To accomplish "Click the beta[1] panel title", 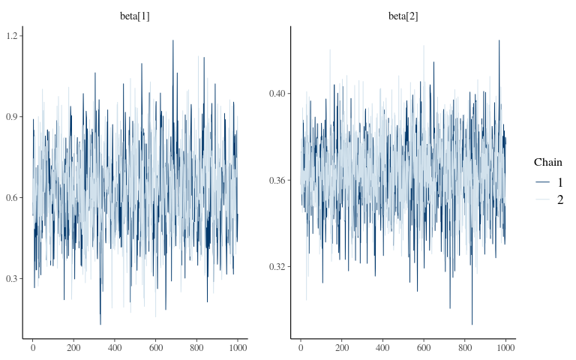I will point(135,16).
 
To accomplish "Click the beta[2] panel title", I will point(403,16).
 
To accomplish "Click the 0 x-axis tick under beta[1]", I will point(33,349).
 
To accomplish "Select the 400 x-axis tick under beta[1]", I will point(115,349).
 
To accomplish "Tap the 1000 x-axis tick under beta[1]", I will point(237,349).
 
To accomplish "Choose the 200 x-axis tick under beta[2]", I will point(342,349).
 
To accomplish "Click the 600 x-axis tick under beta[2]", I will point(424,349).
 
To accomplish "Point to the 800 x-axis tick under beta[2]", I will point(464,349).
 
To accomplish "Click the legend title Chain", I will point(548,162).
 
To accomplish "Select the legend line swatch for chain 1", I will point(541,181).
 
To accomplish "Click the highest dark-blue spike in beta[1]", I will point(172,40).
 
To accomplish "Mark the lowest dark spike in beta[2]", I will point(472,324).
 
